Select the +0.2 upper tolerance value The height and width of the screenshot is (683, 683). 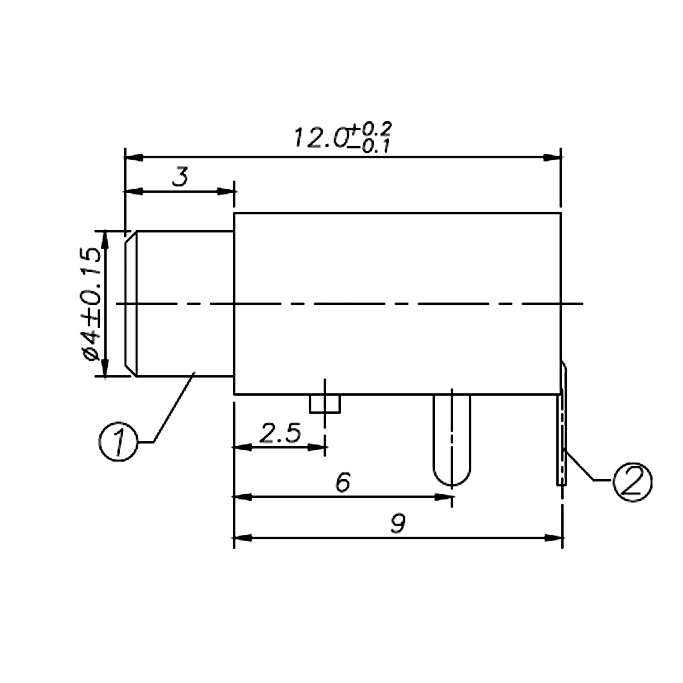click(x=371, y=129)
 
